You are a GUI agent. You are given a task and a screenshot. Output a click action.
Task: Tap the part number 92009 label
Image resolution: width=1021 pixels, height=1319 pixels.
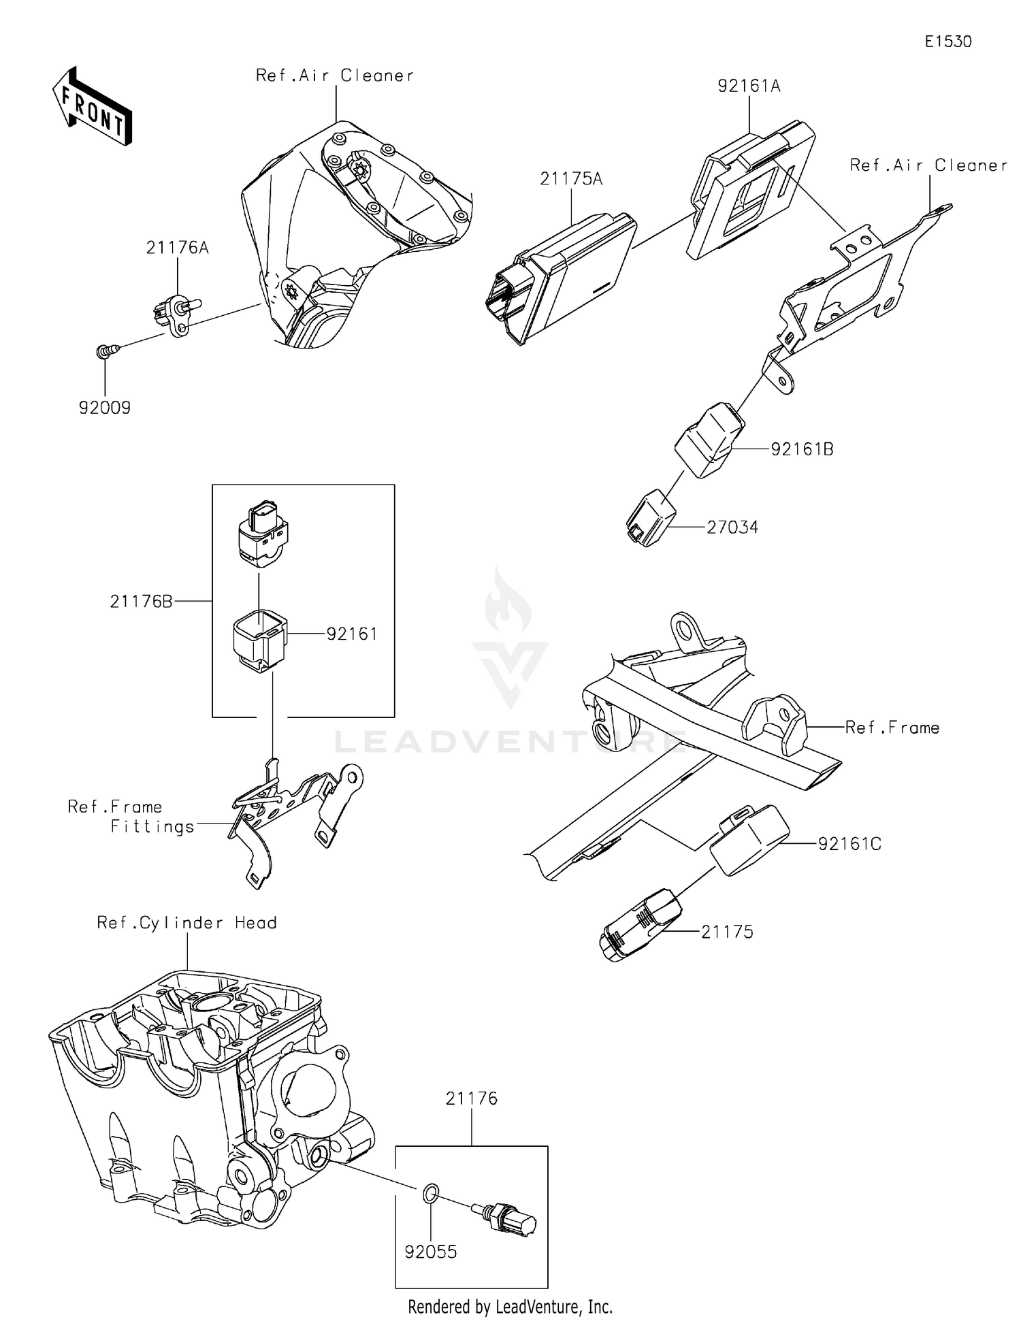105,408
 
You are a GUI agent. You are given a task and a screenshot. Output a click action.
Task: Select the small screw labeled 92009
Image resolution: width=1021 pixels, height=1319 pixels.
106,351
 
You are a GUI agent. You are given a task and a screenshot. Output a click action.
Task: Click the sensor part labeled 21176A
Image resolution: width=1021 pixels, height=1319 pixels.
176,316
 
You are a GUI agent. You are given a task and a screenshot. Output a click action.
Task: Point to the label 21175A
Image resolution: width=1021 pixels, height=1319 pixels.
571,179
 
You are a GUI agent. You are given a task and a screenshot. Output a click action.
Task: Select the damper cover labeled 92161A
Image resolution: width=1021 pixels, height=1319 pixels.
749,191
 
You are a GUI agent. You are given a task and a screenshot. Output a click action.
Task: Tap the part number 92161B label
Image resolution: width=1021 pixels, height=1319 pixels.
802,449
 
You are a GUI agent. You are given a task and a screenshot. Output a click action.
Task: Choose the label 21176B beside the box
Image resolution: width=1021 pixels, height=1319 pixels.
141,602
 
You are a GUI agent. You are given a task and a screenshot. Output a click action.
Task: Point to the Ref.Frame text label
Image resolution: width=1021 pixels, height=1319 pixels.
892,728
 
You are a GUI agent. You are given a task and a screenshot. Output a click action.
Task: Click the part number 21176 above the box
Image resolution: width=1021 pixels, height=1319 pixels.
472,1098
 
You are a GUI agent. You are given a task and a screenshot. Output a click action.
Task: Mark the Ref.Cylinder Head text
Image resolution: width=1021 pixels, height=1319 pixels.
187,923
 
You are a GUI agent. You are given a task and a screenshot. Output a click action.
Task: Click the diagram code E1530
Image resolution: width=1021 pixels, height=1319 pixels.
947,42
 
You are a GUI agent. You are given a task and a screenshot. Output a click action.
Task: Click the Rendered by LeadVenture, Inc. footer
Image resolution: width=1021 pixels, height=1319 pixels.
510,1306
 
